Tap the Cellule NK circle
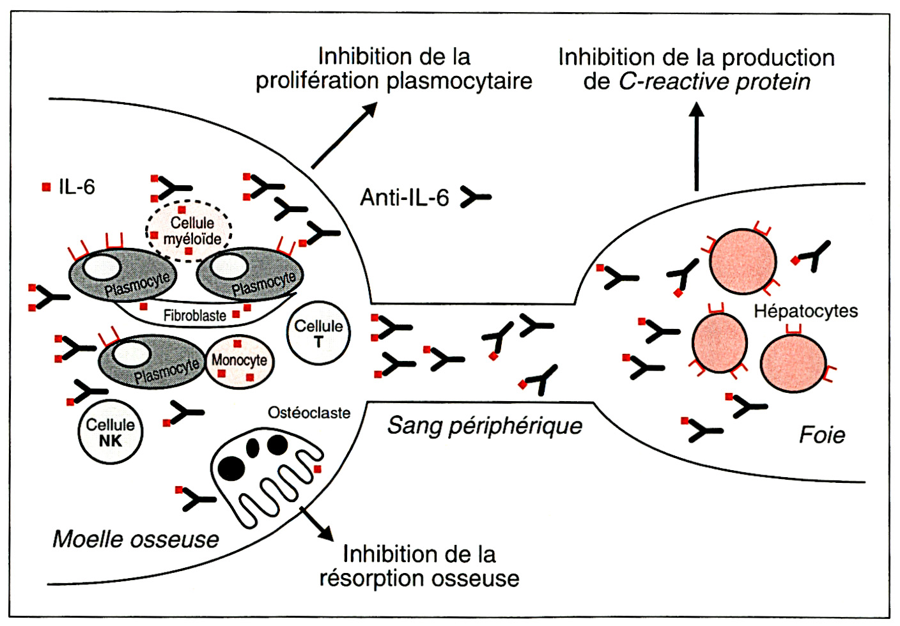tap(110, 432)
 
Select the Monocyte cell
tap(239, 362)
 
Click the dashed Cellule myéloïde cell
tap(190, 231)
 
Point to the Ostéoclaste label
tap(309, 413)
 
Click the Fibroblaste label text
tap(194, 316)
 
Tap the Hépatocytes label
tap(805, 311)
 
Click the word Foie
tap(822, 435)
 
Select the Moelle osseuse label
tap(136, 539)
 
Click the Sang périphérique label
tap(485, 425)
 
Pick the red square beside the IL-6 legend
tap(46, 187)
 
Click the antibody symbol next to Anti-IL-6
tap(476, 197)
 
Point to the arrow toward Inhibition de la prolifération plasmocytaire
tap(344, 136)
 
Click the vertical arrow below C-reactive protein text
tap(697, 147)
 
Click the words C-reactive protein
tap(714, 82)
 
